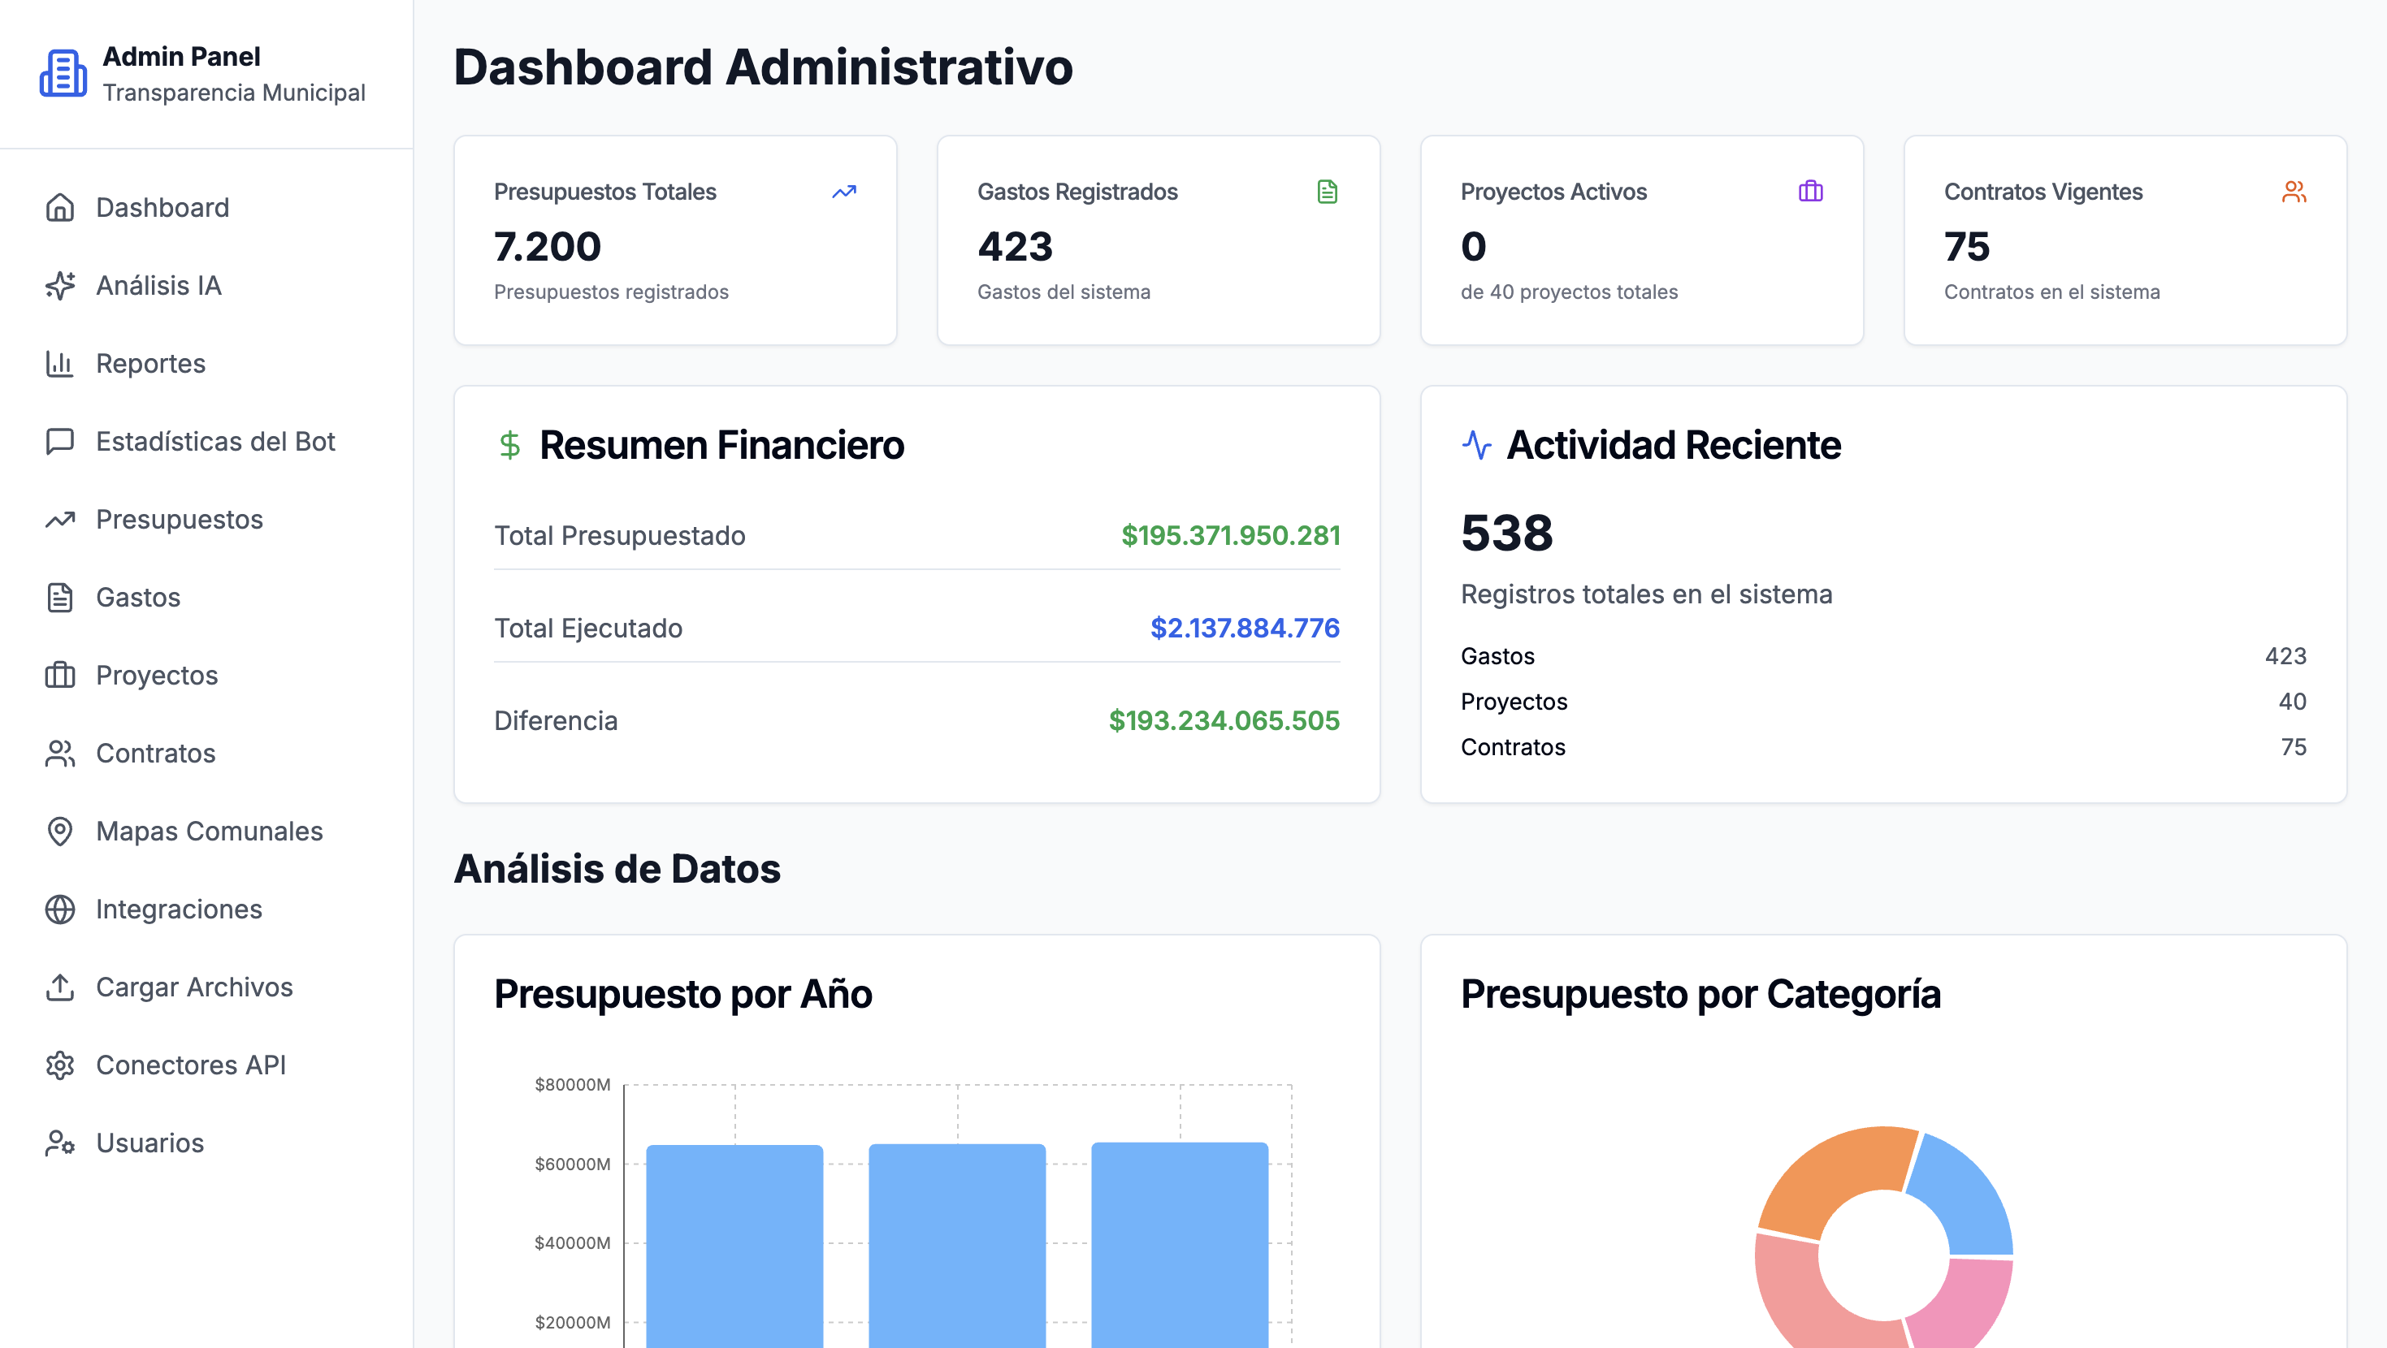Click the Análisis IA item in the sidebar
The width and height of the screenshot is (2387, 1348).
(158, 285)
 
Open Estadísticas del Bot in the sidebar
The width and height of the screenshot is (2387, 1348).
(215, 441)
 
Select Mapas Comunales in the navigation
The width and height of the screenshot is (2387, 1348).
(209, 831)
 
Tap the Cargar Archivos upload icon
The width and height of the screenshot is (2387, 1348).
(60, 987)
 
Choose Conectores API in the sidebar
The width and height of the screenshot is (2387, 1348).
(190, 1065)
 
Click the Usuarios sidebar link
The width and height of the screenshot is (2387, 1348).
(149, 1143)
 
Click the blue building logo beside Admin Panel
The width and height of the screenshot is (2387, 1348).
(63, 73)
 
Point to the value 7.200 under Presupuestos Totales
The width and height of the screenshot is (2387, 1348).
(548, 246)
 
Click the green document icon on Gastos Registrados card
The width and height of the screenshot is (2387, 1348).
(1327, 192)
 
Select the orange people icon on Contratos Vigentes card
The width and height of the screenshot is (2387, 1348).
(2294, 192)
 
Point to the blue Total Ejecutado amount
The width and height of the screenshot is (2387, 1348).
(1245, 629)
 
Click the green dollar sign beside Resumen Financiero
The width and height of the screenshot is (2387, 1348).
(509, 446)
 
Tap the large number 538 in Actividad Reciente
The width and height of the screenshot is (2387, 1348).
(1506, 533)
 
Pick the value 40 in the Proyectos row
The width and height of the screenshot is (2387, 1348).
(2293, 702)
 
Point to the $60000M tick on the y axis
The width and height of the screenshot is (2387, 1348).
(572, 1164)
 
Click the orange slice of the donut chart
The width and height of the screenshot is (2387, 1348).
(1830, 1175)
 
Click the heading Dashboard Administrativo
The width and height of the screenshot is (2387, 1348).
(763, 67)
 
